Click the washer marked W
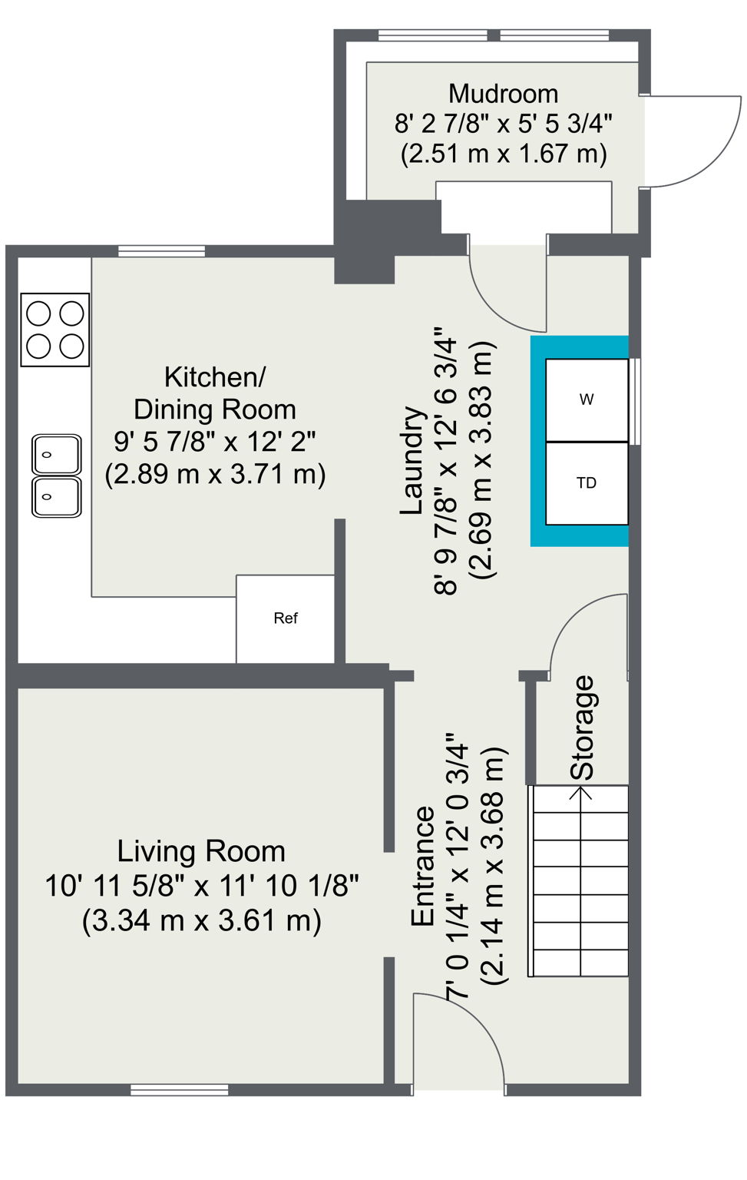tap(587, 399)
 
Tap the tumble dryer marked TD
tap(587, 483)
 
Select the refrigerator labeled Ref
tap(285, 618)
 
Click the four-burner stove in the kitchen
tap(55, 330)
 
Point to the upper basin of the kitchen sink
tap(56, 455)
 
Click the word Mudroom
tap(503, 94)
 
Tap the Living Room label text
tap(201, 851)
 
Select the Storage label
tap(583, 727)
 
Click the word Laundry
tap(412, 461)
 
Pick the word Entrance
tap(423, 866)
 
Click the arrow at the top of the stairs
tap(581, 791)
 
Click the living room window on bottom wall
tap(179, 1089)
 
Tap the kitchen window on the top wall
tap(161, 250)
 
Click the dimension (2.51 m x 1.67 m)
tap(504, 154)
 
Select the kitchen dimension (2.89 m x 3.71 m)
tap(215, 474)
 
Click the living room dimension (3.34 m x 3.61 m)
tap(201, 920)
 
